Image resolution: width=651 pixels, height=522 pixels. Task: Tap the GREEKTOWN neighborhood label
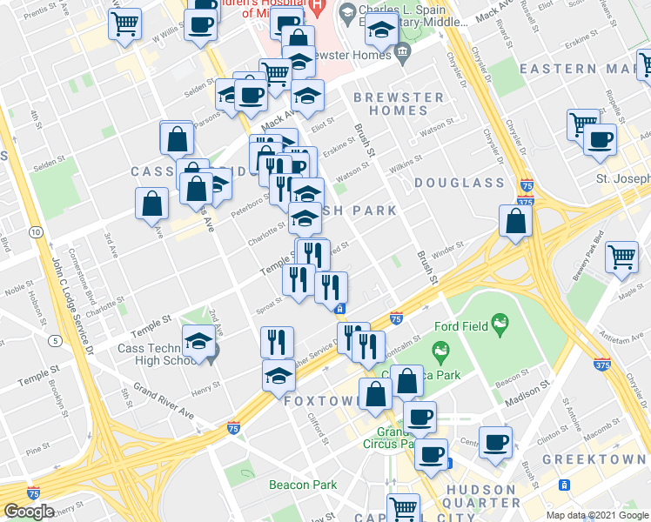pos(594,458)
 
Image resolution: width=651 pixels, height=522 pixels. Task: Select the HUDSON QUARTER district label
pos(482,496)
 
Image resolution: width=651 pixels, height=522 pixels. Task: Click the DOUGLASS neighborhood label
pos(459,183)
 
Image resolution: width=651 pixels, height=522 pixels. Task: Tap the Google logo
pos(30,512)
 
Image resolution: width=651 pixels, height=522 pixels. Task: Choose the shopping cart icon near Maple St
pos(621,257)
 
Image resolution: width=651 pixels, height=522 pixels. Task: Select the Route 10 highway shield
pos(35,232)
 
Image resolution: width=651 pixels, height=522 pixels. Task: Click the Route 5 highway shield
pos(54,339)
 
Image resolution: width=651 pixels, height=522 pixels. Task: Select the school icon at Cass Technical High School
pos(199,342)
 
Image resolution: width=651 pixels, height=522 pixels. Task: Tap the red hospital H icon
pos(317,13)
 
